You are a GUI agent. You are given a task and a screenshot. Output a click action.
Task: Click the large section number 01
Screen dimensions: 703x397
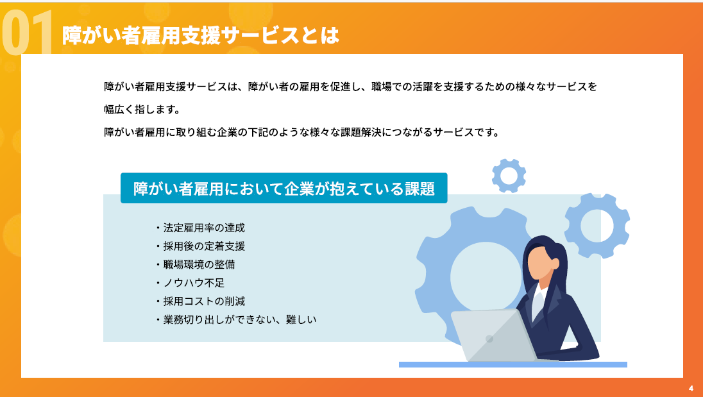[x=27, y=32]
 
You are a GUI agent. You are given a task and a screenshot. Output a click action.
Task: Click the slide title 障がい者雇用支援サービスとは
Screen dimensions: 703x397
[x=200, y=35]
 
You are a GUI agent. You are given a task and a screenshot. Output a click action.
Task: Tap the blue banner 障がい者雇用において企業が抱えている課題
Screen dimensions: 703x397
[x=284, y=188]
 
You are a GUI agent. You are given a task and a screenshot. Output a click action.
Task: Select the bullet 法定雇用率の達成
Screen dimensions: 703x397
[x=200, y=228]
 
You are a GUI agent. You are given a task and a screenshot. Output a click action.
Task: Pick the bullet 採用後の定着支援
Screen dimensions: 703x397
[x=200, y=246]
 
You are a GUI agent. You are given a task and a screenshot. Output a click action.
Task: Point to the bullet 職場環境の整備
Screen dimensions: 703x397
[x=196, y=264]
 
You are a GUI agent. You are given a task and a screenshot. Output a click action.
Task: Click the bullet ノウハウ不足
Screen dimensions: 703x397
[x=190, y=283]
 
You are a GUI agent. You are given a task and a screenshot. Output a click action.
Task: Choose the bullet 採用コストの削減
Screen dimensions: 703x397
[x=200, y=301]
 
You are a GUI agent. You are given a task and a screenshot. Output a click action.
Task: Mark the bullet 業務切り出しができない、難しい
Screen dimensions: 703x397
[x=236, y=319]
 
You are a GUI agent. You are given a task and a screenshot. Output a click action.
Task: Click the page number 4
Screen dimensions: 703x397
[x=691, y=389]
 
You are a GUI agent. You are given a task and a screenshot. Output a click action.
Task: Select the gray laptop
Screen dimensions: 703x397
[x=493, y=335]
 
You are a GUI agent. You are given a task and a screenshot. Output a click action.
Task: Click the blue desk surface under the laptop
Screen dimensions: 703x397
[x=513, y=365]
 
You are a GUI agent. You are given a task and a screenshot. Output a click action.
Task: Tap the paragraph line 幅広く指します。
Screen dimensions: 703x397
[x=142, y=109]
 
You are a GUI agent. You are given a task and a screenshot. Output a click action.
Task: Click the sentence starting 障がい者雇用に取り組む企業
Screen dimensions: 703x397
[x=301, y=132]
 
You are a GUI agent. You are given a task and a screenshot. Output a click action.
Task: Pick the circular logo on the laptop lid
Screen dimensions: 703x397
[x=489, y=339]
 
